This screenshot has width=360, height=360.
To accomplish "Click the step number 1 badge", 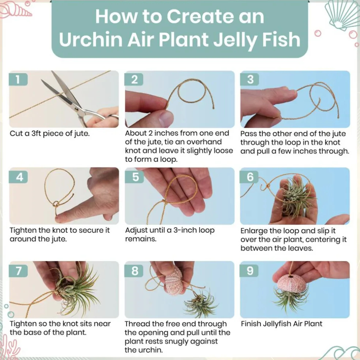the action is tap(18, 79).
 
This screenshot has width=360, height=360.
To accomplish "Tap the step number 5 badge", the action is tap(135, 177).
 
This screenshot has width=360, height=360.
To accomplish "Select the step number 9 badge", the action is tap(249, 271).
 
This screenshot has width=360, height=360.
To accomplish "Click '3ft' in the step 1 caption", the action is tap(36, 134).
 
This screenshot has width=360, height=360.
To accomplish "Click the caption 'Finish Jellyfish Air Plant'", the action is tap(281, 323).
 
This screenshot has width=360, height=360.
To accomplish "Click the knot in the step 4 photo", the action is tap(56, 204).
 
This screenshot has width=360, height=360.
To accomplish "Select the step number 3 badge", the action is tap(250, 79).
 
